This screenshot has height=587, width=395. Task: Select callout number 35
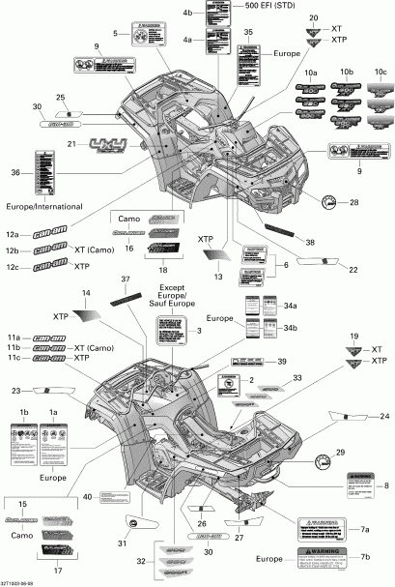(249, 33)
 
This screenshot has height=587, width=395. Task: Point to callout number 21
(71, 144)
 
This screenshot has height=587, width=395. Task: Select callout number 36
(14, 172)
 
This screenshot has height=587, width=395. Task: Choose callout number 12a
(12, 234)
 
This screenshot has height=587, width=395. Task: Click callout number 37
(125, 279)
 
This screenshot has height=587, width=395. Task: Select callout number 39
(282, 361)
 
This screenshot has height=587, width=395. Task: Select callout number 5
(115, 34)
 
